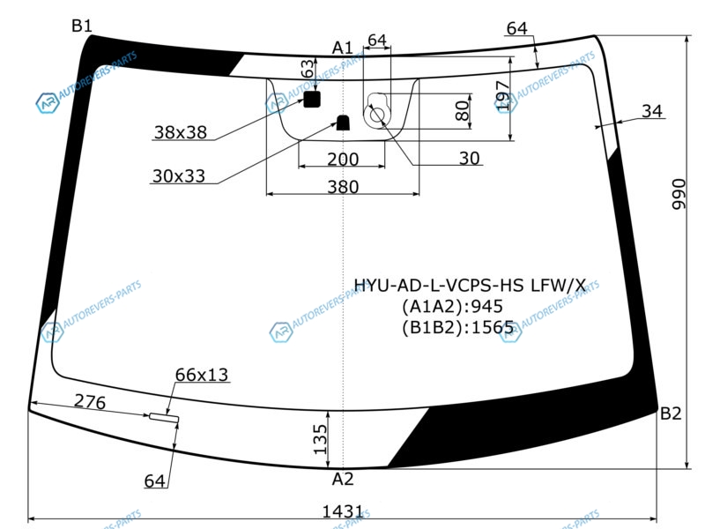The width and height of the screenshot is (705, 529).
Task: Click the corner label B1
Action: [82, 26]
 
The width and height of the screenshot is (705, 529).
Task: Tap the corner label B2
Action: [671, 414]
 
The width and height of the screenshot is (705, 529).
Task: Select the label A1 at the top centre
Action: [343, 48]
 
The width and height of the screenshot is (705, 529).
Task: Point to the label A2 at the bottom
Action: [343, 480]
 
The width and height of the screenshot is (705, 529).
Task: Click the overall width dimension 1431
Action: [343, 511]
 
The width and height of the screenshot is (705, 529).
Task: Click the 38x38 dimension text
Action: [180, 133]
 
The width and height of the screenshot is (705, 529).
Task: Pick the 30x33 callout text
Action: [178, 176]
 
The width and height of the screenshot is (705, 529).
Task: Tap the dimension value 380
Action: [343, 187]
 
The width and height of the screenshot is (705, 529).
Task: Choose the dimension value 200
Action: [343, 159]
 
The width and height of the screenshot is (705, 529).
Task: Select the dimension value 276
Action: [90, 403]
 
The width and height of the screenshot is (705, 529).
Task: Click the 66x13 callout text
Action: [202, 376]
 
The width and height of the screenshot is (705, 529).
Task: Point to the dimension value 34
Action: [652, 111]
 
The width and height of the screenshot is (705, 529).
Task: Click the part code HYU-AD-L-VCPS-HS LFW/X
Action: [470, 285]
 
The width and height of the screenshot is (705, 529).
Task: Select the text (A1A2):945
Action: [451, 307]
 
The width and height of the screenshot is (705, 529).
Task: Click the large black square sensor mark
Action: [312, 100]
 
